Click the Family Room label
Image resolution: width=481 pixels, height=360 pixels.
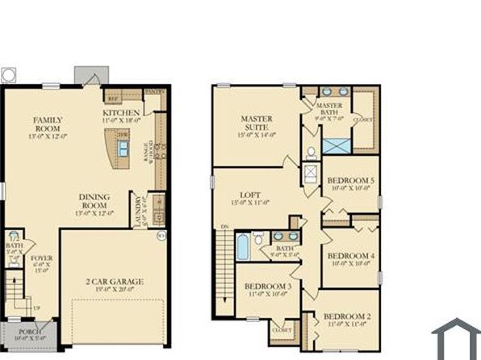(48, 125)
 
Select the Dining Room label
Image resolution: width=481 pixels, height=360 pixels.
(94, 201)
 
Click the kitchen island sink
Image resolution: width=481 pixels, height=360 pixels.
(123, 148)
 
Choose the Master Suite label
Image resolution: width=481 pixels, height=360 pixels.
(257, 123)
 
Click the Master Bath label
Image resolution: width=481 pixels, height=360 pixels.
(329, 110)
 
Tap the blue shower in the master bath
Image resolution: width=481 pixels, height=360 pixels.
(337, 146)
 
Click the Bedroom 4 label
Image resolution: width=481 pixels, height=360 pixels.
(350, 257)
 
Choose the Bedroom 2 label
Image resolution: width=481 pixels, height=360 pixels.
(347, 320)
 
